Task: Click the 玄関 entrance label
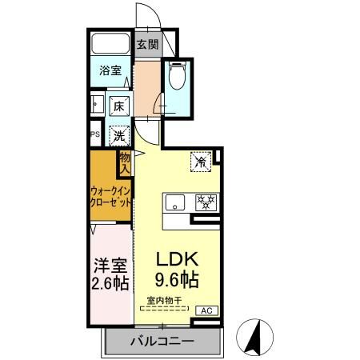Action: tap(146, 45)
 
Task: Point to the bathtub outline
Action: tap(110, 45)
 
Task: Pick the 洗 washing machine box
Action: tap(118, 134)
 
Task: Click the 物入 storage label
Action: tap(125, 163)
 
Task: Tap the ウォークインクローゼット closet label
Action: tap(110, 197)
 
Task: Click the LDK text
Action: tap(176, 259)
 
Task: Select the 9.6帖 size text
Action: tap(176, 281)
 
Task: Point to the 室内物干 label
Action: tap(163, 300)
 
